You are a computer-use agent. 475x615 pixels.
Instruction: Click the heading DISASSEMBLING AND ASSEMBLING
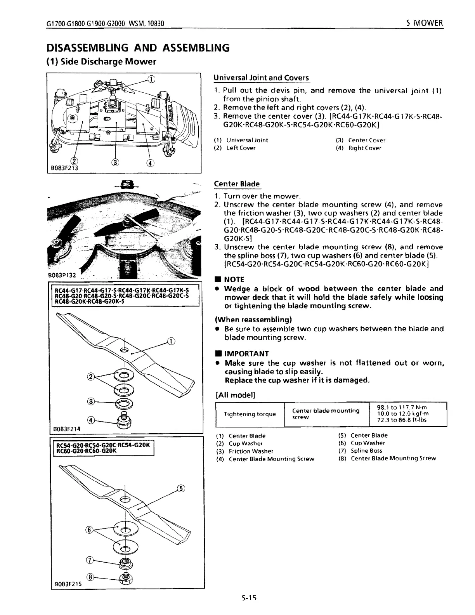point(138,48)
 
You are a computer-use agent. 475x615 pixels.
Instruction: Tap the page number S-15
point(248,598)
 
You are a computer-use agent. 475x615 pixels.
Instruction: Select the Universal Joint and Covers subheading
point(261,77)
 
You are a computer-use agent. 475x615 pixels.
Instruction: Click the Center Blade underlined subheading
point(237,184)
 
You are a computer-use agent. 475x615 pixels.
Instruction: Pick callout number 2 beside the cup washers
point(92,376)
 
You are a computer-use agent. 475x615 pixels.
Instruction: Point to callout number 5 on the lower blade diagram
point(180,488)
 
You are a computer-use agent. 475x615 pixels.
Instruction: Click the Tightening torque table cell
point(250,414)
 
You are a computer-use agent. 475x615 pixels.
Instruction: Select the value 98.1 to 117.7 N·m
point(402,407)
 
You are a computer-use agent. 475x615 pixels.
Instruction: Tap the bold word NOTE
point(234,279)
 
